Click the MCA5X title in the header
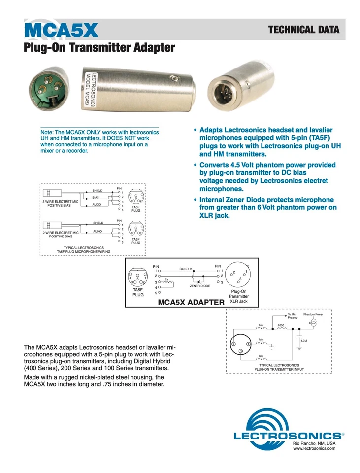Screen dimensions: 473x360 [61, 31]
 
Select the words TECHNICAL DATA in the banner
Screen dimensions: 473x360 [303, 30]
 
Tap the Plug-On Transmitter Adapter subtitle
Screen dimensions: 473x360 [99, 48]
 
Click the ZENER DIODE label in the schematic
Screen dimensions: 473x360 [199, 286]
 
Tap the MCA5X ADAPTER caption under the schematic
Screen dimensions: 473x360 [191, 302]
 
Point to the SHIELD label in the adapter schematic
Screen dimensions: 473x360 [186, 269]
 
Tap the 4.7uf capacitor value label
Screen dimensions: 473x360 [303, 341]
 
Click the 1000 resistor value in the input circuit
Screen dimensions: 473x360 [281, 326]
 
